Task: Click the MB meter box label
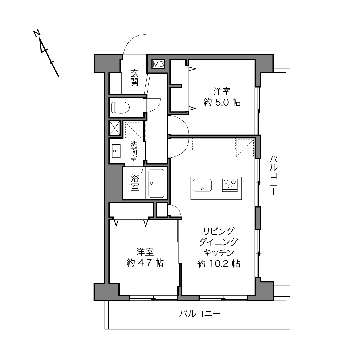pos(158,64)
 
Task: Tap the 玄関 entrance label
pos(134,78)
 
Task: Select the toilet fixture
pos(120,108)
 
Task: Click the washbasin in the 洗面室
pos(116,151)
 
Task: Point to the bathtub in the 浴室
pos(156,183)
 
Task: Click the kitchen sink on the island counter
pos(202,185)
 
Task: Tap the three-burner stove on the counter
pos(229,185)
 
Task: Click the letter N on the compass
pos(37,33)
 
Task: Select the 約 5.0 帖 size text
pos(222,102)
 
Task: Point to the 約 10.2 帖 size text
pos(219,264)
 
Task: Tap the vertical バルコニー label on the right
pos(273,176)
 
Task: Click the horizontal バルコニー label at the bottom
pos(200,314)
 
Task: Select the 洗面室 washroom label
pos(134,151)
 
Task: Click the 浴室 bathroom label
pos(135,182)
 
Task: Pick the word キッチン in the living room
pos(219,253)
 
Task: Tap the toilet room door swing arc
pos(156,108)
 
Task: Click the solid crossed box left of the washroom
pos(115,128)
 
